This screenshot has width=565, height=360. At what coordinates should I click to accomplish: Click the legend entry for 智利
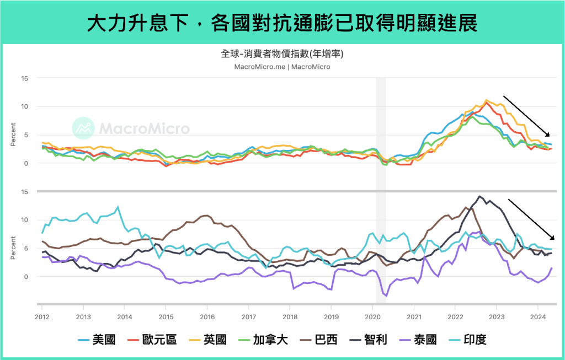pyautogui.click(x=373, y=339)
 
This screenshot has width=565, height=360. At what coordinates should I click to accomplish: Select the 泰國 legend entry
pyautogui.click(x=427, y=339)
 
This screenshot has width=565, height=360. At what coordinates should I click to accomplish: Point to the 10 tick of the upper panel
pyautogui.click(x=24, y=106)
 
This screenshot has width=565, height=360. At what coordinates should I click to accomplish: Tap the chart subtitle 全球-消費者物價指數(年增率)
pyautogui.click(x=282, y=54)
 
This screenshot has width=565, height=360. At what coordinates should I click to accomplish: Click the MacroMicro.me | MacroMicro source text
pyautogui.click(x=282, y=67)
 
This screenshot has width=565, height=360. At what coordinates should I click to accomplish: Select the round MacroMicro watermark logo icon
pyautogui.click(x=84, y=128)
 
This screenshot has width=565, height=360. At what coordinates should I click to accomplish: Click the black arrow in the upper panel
pyautogui.click(x=526, y=116)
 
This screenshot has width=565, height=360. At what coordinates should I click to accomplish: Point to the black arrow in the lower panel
pyautogui.click(x=531, y=219)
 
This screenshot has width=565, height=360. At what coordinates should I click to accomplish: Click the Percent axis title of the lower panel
pyautogui.click(x=13, y=248)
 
